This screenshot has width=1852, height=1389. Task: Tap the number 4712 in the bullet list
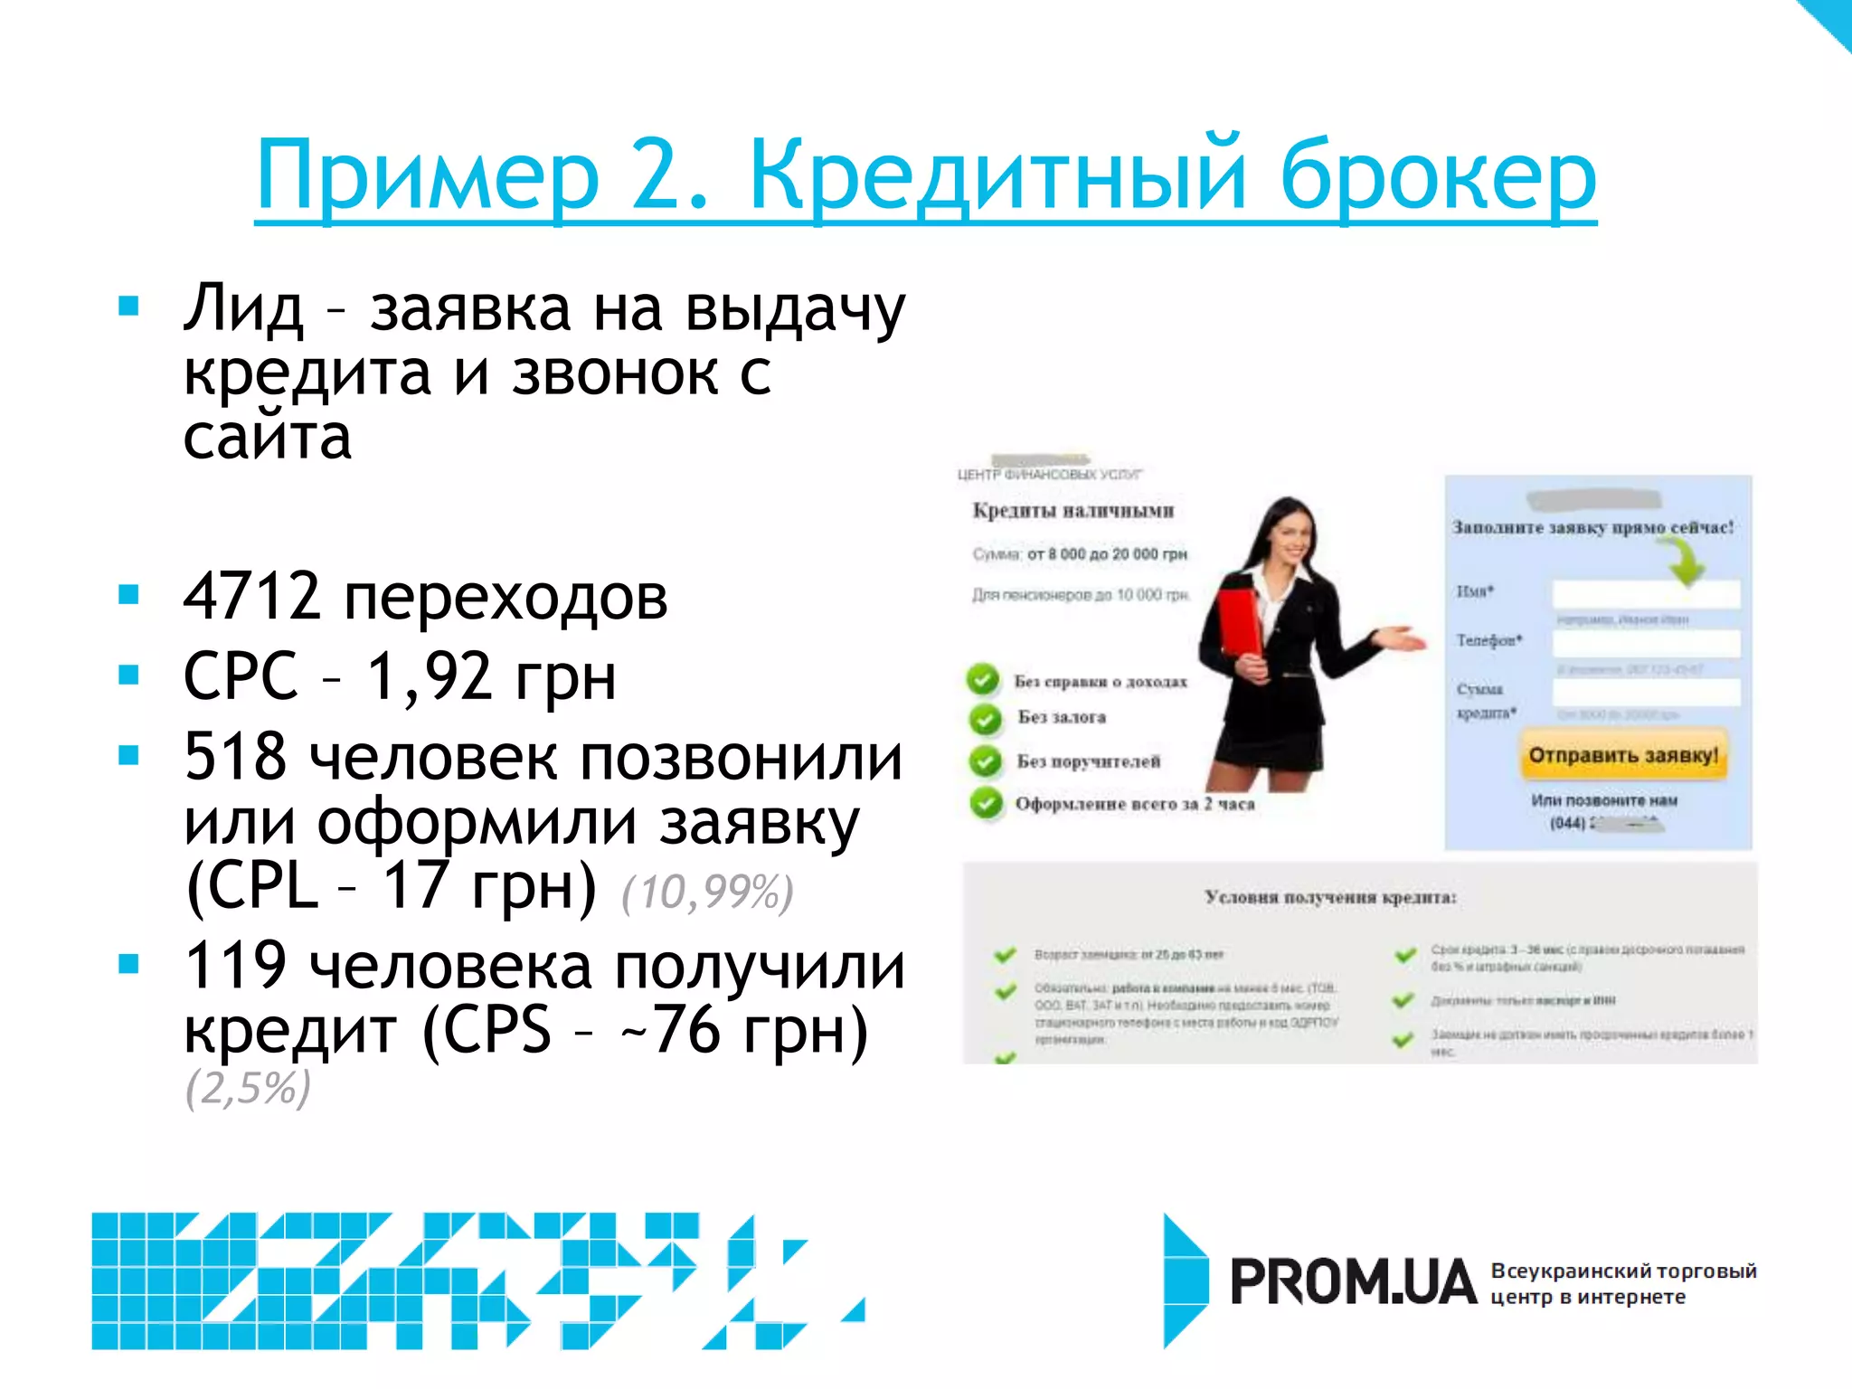(252, 597)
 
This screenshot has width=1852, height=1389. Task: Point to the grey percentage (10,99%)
(707, 892)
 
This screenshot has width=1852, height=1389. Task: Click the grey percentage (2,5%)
(248, 1087)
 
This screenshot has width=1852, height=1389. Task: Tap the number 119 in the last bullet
(235, 965)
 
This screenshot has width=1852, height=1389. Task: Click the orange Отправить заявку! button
(1623, 756)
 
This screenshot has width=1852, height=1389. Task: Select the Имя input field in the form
(1646, 594)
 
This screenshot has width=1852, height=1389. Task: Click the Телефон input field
(1646, 644)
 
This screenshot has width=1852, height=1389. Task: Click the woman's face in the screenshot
(1290, 541)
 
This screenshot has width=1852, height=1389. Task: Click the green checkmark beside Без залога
(985, 719)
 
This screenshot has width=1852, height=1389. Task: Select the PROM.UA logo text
(1353, 1282)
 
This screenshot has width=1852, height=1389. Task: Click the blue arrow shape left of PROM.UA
(1185, 1280)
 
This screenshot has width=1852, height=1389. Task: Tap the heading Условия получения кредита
(1330, 897)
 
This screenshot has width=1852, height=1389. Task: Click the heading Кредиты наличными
(1073, 511)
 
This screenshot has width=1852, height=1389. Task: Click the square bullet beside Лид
(129, 306)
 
